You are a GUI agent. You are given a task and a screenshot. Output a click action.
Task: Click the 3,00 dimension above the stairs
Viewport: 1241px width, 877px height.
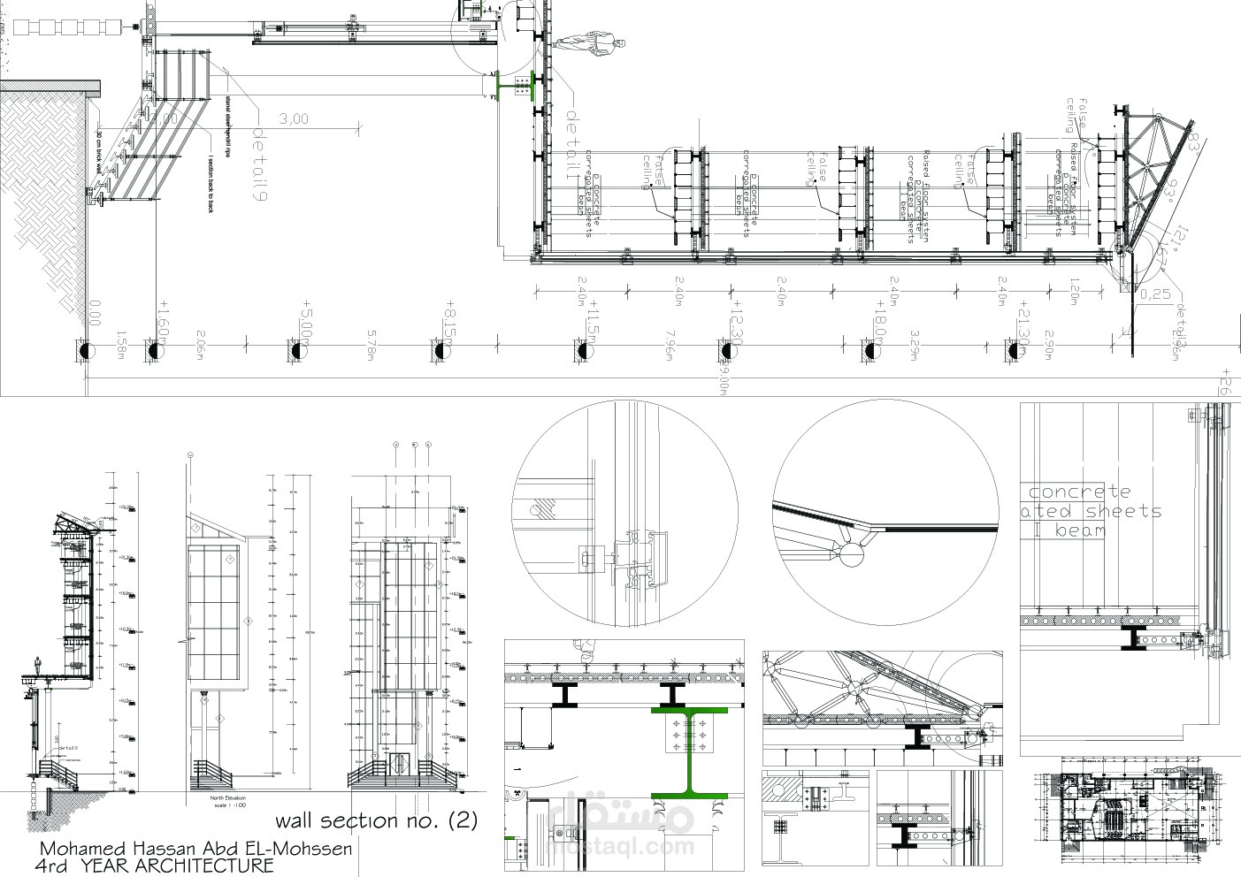tap(294, 118)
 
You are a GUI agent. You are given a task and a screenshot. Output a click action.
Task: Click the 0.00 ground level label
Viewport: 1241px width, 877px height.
tap(96, 313)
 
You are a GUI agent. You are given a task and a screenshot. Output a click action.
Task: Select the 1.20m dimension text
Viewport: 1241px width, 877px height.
tap(1073, 291)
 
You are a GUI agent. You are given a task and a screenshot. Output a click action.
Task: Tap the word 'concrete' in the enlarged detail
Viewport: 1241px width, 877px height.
tap(1080, 492)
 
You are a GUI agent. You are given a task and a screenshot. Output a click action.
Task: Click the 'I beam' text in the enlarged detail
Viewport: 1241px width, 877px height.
tap(1069, 530)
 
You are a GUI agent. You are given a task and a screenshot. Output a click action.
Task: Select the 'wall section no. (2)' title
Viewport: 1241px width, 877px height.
tap(376, 820)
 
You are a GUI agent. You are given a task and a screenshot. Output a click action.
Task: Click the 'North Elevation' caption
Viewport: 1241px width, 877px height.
tap(218, 797)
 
